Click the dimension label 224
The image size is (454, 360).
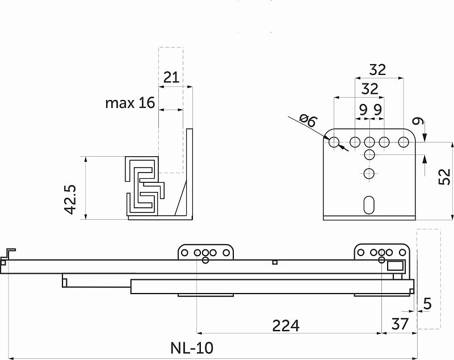(x=285, y=325)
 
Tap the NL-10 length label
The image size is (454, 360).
(x=192, y=348)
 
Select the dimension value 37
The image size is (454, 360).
(x=400, y=325)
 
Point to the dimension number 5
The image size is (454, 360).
(x=427, y=304)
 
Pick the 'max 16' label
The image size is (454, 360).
(x=129, y=103)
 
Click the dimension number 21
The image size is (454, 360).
(x=171, y=77)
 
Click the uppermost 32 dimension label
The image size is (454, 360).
(x=377, y=70)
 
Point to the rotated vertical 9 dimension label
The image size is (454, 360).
(x=418, y=121)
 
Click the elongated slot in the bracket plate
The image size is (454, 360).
(x=369, y=205)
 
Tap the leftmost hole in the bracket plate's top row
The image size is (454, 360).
(x=334, y=141)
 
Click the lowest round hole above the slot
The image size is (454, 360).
(x=369, y=174)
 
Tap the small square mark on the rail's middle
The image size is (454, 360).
(x=275, y=262)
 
